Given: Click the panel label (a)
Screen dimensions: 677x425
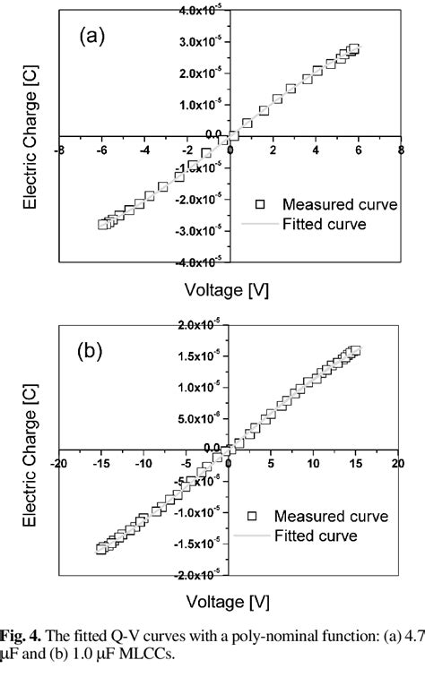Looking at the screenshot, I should (x=94, y=37).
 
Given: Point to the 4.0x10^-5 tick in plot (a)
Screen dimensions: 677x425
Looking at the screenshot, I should (x=203, y=10).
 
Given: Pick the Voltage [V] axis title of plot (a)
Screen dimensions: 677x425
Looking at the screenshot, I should (x=230, y=290).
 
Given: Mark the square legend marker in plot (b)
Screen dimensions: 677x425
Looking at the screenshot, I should (x=254, y=516).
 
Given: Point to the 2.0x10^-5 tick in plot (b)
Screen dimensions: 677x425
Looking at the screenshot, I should (x=203, y=325).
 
